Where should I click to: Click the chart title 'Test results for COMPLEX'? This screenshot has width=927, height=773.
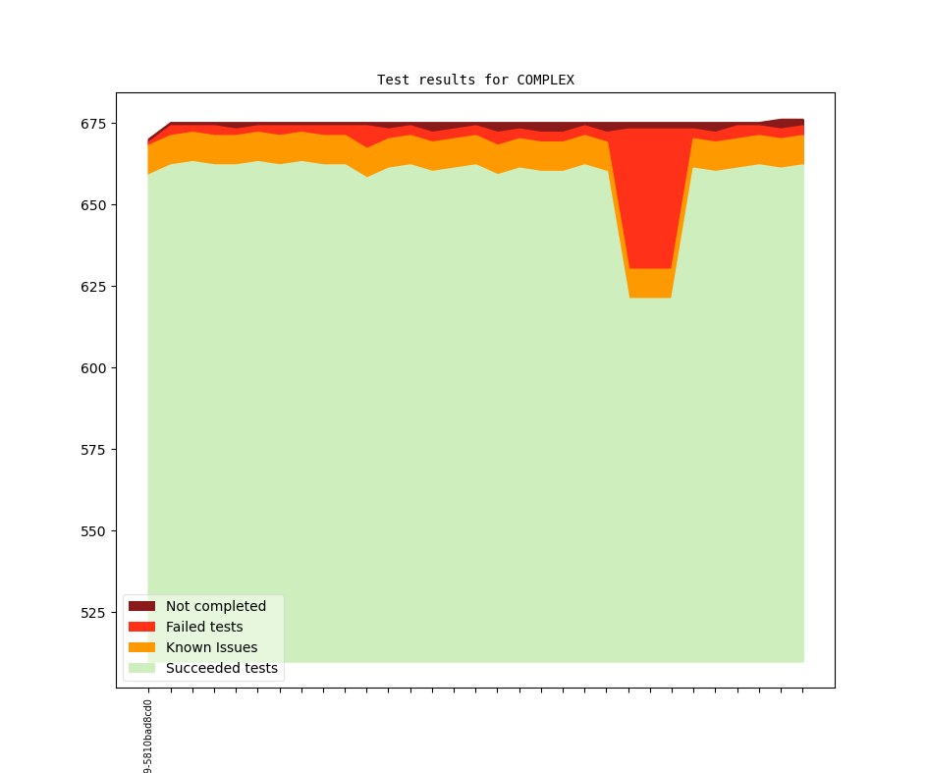pos(475,80)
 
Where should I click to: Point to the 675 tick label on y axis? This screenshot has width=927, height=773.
pos(95,124)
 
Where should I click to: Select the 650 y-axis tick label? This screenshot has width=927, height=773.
pos(95,205)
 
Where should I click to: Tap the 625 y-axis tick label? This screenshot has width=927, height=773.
pos(95,287)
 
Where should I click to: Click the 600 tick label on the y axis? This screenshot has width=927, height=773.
pos(95,368)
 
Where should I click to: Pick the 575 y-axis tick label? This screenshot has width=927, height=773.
pos(95,450)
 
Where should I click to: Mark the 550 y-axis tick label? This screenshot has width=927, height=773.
pos(95,531)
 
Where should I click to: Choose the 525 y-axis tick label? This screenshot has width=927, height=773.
pos(95,613)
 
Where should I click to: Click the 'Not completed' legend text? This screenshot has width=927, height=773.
pos(215,606)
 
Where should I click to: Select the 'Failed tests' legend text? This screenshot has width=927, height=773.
pos(204,627)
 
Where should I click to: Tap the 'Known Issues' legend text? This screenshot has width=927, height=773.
pos(211,647)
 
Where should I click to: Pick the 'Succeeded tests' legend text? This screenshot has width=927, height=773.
pos(221,668)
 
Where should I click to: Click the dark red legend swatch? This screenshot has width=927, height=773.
pos(141,606)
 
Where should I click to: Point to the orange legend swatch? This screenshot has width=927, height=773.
pos(141,647)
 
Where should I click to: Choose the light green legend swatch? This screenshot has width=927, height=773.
pos(141,668)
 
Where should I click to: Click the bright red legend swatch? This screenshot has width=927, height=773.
pos(141,627)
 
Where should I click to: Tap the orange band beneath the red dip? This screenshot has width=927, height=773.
pos(650,283)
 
